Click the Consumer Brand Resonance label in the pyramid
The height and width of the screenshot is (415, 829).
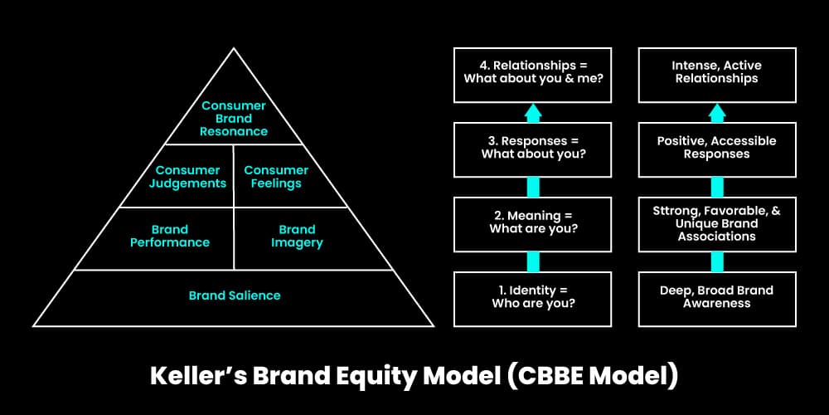(234, 119)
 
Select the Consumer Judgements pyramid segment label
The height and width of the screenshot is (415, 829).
(187, 177)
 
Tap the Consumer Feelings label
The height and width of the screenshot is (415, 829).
(276, 177)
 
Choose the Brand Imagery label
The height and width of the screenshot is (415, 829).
(297, 236)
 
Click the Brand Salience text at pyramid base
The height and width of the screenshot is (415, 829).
(235, 295)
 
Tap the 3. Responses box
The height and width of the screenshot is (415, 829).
(533, 148)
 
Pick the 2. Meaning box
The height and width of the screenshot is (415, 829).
(533, 222)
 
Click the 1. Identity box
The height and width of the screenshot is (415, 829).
(533, 297)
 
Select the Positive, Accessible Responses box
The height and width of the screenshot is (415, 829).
(716, 148)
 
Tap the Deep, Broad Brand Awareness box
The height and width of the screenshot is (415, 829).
(716, 297)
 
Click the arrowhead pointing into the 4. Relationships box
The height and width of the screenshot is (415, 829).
(533, 111)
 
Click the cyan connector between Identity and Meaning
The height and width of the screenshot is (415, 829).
(533, 261)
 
